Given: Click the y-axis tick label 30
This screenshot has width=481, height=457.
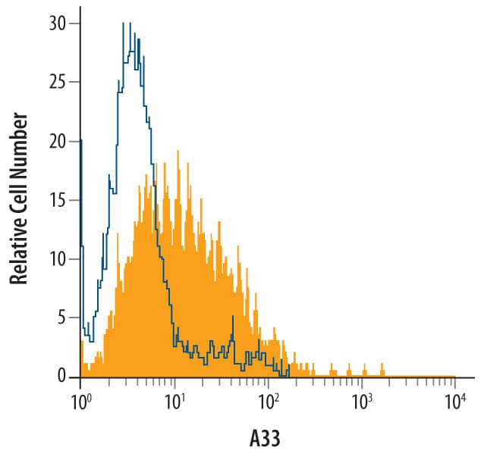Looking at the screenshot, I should pos(57,23).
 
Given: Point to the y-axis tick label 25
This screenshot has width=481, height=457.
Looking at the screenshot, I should pos(57,83).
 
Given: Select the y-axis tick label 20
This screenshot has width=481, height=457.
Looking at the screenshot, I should pos(57,142).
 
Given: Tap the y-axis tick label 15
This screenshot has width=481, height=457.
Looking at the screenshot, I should pos(58,200).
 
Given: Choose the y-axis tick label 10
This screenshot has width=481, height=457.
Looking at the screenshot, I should pos(57,259).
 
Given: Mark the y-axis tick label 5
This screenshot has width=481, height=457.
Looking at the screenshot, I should pos(61,318).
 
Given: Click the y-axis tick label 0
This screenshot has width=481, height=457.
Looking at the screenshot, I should pos(61,377).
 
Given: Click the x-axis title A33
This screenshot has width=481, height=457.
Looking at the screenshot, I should pos(266,439).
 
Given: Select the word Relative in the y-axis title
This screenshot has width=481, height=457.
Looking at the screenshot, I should pos(20,249).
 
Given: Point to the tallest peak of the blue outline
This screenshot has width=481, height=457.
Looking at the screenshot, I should pos(123,24).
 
